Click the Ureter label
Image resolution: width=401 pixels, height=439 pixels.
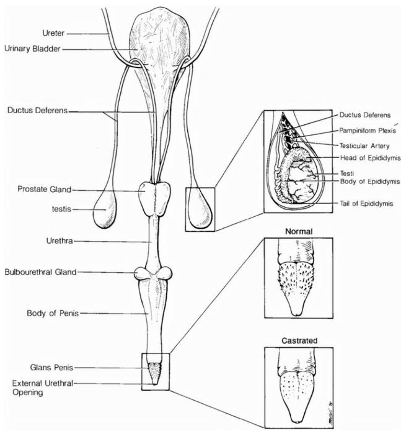(53, 33)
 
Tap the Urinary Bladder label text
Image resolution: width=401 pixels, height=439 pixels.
(32, 49)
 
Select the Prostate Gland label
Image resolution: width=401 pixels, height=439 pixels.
(44, 189)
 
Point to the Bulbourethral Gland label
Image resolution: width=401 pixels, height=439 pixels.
(40, 272)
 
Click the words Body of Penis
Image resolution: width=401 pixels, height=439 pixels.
(53, 313)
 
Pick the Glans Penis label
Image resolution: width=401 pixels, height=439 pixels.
(52, 367)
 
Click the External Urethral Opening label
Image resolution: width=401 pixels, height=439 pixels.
(42, 387)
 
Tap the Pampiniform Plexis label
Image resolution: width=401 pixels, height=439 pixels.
(367, 130)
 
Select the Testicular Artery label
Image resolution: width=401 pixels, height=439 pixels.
(364, 145)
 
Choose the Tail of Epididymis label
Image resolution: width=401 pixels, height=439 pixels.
(366, 204)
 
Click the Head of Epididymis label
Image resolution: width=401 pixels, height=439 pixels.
(370, 158)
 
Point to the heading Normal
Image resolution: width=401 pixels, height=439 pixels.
(298, 231)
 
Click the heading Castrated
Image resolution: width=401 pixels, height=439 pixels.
(299, 341)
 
